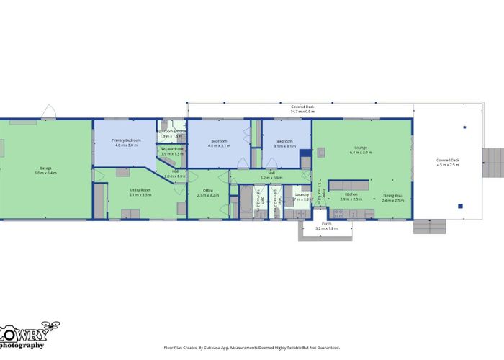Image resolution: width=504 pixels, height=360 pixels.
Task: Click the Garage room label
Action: pyautogui.click(x=45, y=168)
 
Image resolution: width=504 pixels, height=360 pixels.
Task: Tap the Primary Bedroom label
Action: pyautogui.click(x=127, y=140)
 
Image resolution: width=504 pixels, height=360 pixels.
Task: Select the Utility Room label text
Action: pyautogui.click(x=140, y=189)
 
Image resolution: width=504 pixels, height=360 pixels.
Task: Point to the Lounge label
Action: pyautogui.click(x=360, y=148)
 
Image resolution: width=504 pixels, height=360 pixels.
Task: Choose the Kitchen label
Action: pyautogui.click(x=351, y=194)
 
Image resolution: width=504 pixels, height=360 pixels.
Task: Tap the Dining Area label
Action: pyautogui.click(x=393, y=195)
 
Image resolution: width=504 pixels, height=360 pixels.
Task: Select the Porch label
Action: pyautogui.click(x=326, y=223)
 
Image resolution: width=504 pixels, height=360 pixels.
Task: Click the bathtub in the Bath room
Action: pyautogui.click(x=245, y=202)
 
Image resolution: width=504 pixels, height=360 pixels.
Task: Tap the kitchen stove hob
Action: pyautogui.click(x=340, y=212)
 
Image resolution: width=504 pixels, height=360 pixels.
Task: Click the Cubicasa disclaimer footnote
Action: pyautogui.click(x=252, y=347)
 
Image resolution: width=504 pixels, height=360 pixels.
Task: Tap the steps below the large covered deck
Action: pyautogui.click(x=429, y=227)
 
